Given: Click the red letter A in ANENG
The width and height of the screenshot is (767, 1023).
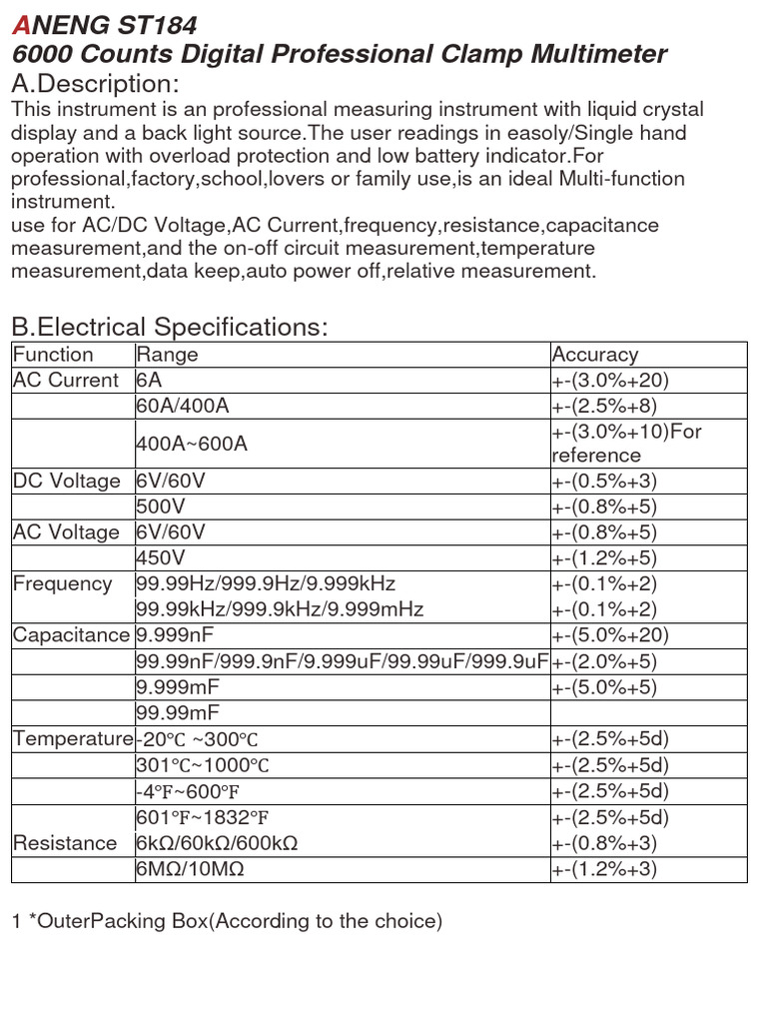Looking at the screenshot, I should (19, 25).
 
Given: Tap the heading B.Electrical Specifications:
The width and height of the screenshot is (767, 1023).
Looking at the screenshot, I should (169, 327).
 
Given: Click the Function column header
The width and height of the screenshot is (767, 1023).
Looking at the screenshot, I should (53, 355).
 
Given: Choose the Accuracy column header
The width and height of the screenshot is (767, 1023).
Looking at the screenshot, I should (594, 355).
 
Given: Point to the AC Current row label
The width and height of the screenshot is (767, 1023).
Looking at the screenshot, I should (65, 381).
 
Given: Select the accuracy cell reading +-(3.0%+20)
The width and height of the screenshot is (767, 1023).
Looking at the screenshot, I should (609, 381).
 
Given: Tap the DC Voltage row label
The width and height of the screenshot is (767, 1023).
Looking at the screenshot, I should (66, 482).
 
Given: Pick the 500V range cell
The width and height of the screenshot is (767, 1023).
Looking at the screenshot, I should (159, 507).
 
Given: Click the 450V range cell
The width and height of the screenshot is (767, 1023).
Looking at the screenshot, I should (159, 557).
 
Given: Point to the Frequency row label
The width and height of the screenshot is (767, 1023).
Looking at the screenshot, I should (62, 583).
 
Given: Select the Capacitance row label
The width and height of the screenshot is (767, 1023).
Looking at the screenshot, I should (71, 635).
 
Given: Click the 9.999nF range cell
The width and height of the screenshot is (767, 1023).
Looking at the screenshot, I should (175, 635).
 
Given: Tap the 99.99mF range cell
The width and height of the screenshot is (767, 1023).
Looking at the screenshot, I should (178, 712).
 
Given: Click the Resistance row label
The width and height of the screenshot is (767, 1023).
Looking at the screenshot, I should (65, 843).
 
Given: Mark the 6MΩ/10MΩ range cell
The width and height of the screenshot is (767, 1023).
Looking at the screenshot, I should (190, 869).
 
